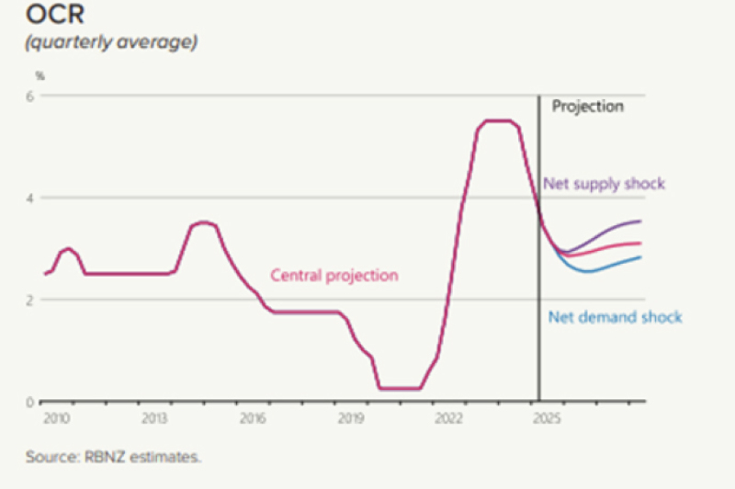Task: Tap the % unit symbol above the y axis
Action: (40, 75)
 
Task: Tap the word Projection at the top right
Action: (587, 107)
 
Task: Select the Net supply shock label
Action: (604, 184)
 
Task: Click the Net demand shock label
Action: (615, 318)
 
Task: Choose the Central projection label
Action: (334, 275)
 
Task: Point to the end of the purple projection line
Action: (640, 221)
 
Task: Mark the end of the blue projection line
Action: (640, 257)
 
